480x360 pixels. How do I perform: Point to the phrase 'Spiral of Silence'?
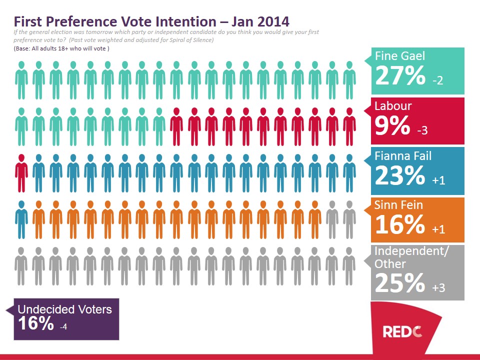pos(189,40)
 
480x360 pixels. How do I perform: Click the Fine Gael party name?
pos(400,56)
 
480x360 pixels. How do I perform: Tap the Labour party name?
pos(393,106)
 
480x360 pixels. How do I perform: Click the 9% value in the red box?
pos(392,126)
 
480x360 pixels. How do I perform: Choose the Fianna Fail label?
pos(403,156)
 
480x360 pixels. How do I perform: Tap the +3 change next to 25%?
pos(438,287)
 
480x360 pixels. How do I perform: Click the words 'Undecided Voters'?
pos(65,309)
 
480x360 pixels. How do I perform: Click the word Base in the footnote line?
pos(23,48)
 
